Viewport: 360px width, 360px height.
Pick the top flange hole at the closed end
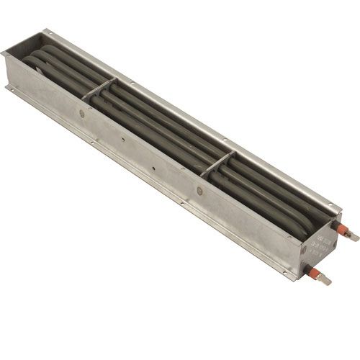coord(46,32)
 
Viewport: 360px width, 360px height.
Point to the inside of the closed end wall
coord(22,50)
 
